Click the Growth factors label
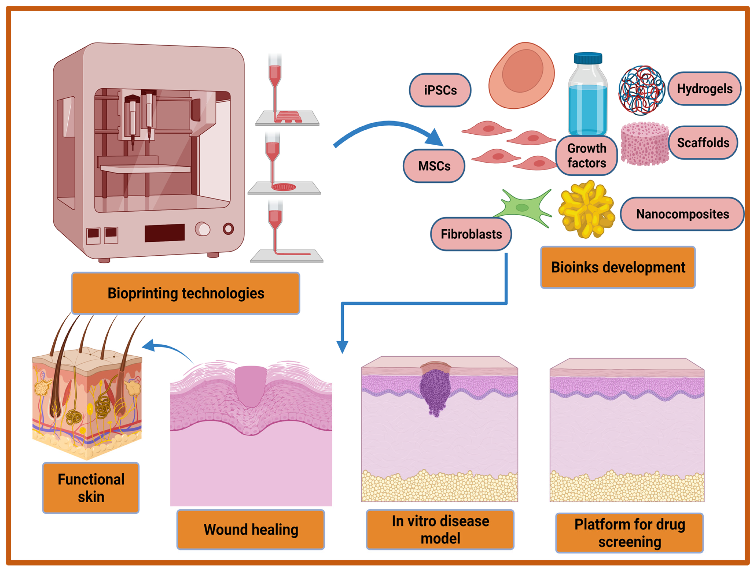587,155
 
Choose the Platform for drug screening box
630,533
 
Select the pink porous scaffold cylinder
644,144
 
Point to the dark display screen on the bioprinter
165,233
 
